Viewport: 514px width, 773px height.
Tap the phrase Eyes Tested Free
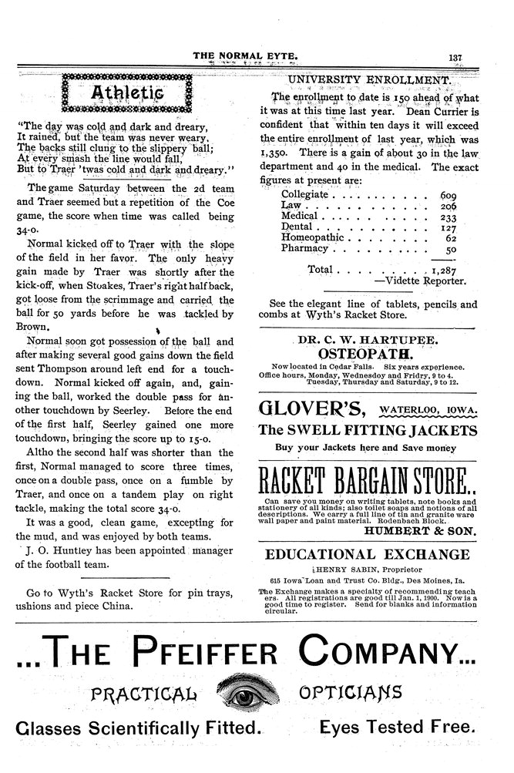pyautogui.click(x=395, y=727)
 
